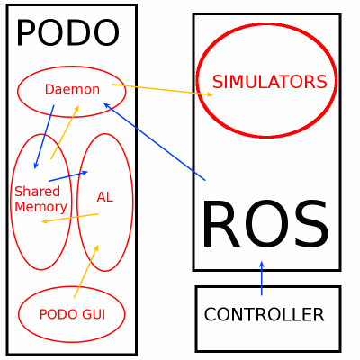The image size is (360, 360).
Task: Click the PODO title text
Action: point(67,33)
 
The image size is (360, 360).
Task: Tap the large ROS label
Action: point(265,224)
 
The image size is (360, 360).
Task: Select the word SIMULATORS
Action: point(269,82)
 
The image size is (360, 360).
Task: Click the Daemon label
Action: point(72,89)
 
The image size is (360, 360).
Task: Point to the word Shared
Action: point(38,192)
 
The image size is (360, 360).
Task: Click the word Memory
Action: point(41,208)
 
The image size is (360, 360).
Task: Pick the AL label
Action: point(105,197)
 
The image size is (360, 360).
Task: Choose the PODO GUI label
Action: point(72,314)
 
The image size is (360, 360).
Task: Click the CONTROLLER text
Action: point(264,314)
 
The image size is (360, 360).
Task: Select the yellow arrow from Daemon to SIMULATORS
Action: point(163,90)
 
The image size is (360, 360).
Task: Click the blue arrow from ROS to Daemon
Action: point(155,141)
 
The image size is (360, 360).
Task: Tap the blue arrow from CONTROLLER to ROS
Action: point(262,278)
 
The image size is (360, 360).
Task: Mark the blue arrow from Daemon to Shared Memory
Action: point(44,137)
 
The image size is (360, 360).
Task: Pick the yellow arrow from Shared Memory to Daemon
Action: point(65,132)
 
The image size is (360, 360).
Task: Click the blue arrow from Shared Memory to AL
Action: point(68,176)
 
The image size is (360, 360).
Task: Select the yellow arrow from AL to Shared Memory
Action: point(70,218)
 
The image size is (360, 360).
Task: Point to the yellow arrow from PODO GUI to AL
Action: point(86,271)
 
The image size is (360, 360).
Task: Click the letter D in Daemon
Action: point(49,89)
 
